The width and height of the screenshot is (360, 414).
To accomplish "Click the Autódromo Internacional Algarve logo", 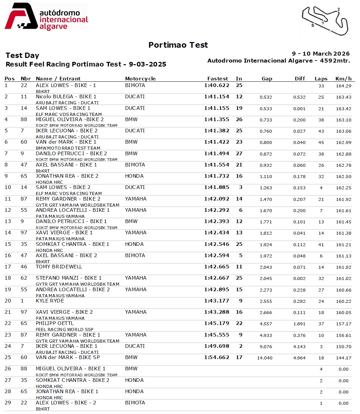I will click(46, 17).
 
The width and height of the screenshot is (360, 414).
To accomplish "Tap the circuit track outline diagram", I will click(325, 21).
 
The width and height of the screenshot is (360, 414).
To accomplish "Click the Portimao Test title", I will click(178, 45).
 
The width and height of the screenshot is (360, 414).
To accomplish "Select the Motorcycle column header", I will click(140, 79).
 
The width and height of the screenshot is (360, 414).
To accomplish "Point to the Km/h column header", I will click(343, 79).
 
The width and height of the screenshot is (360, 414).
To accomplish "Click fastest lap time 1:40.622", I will click(217, 85).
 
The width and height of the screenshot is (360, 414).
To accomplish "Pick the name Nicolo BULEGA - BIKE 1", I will click(66, 97).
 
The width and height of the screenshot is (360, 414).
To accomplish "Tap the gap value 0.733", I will click(266, 120).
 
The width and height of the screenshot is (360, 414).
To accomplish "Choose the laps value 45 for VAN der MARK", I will click(321, 143).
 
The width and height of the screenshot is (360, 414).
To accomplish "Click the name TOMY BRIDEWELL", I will click(59, 267).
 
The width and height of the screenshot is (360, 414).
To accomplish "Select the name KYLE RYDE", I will click(50, 301).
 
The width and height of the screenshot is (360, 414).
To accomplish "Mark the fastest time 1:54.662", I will click(217, 357).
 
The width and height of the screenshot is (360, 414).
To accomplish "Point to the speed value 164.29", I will click(343, 86).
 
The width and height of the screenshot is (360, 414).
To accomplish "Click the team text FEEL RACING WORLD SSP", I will click(65, 329).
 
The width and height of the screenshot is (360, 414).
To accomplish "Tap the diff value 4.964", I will click(299, 358).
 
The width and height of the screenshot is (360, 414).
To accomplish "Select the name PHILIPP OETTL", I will click(55, 323).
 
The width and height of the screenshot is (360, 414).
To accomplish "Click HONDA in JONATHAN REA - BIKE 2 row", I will click(134, 176).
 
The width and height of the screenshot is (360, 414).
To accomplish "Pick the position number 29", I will click(8, 403).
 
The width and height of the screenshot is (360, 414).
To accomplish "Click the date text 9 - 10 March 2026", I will click(321, 54).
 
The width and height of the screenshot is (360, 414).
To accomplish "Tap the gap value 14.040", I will click(265, 358).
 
